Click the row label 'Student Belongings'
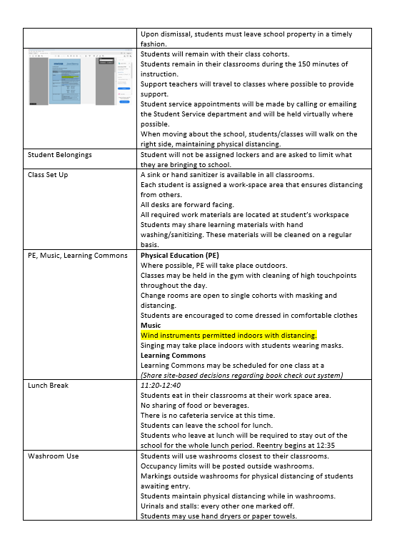59,155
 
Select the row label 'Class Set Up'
48,175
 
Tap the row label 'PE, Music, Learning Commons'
77,255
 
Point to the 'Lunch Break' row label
48,385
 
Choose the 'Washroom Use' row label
53,456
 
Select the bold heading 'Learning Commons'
173,355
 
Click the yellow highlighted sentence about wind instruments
228,335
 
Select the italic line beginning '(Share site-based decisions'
241,375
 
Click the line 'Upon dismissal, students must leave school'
246,34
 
